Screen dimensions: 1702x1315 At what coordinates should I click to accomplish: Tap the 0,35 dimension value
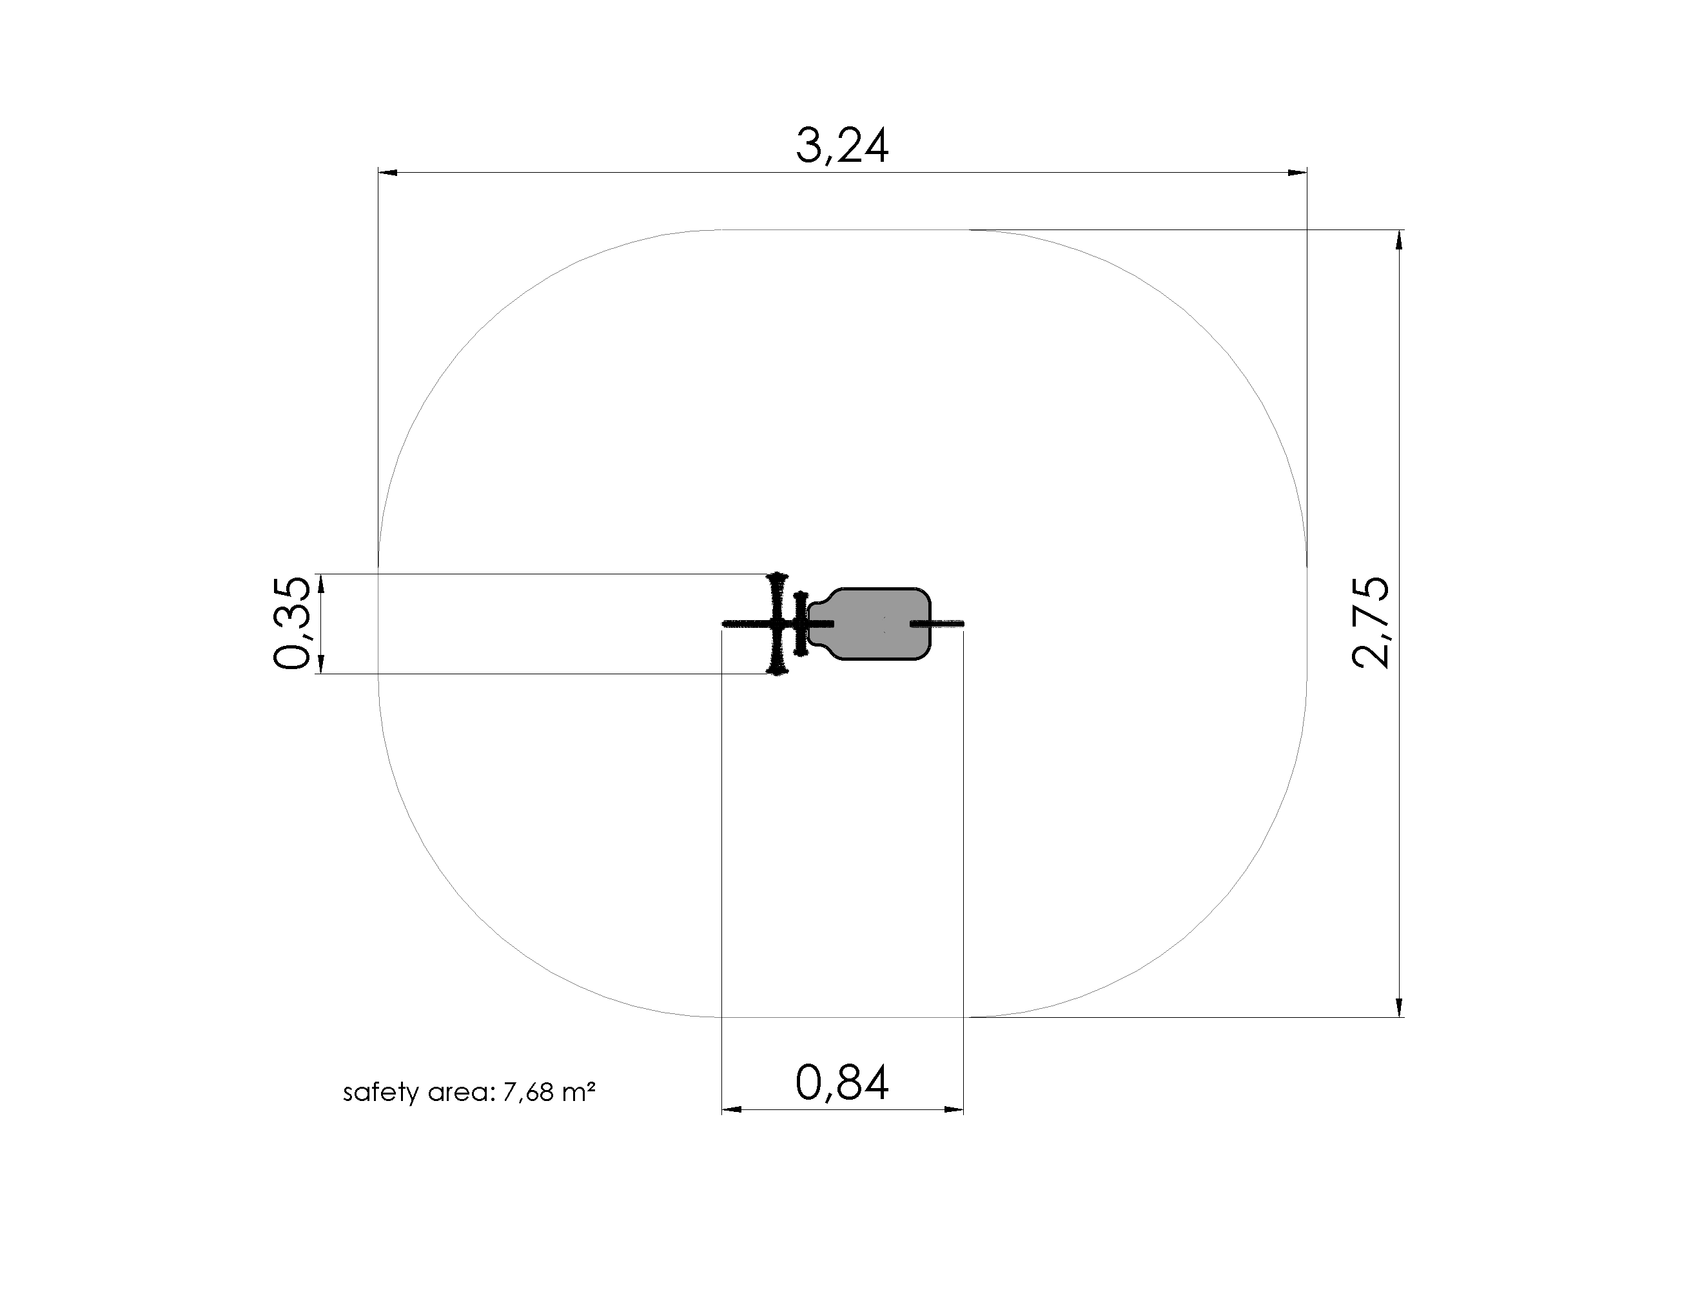coord(292,623)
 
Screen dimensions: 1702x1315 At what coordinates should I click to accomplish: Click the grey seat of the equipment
coord(870,624)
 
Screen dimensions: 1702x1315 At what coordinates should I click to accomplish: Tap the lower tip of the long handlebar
coord(777,672)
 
